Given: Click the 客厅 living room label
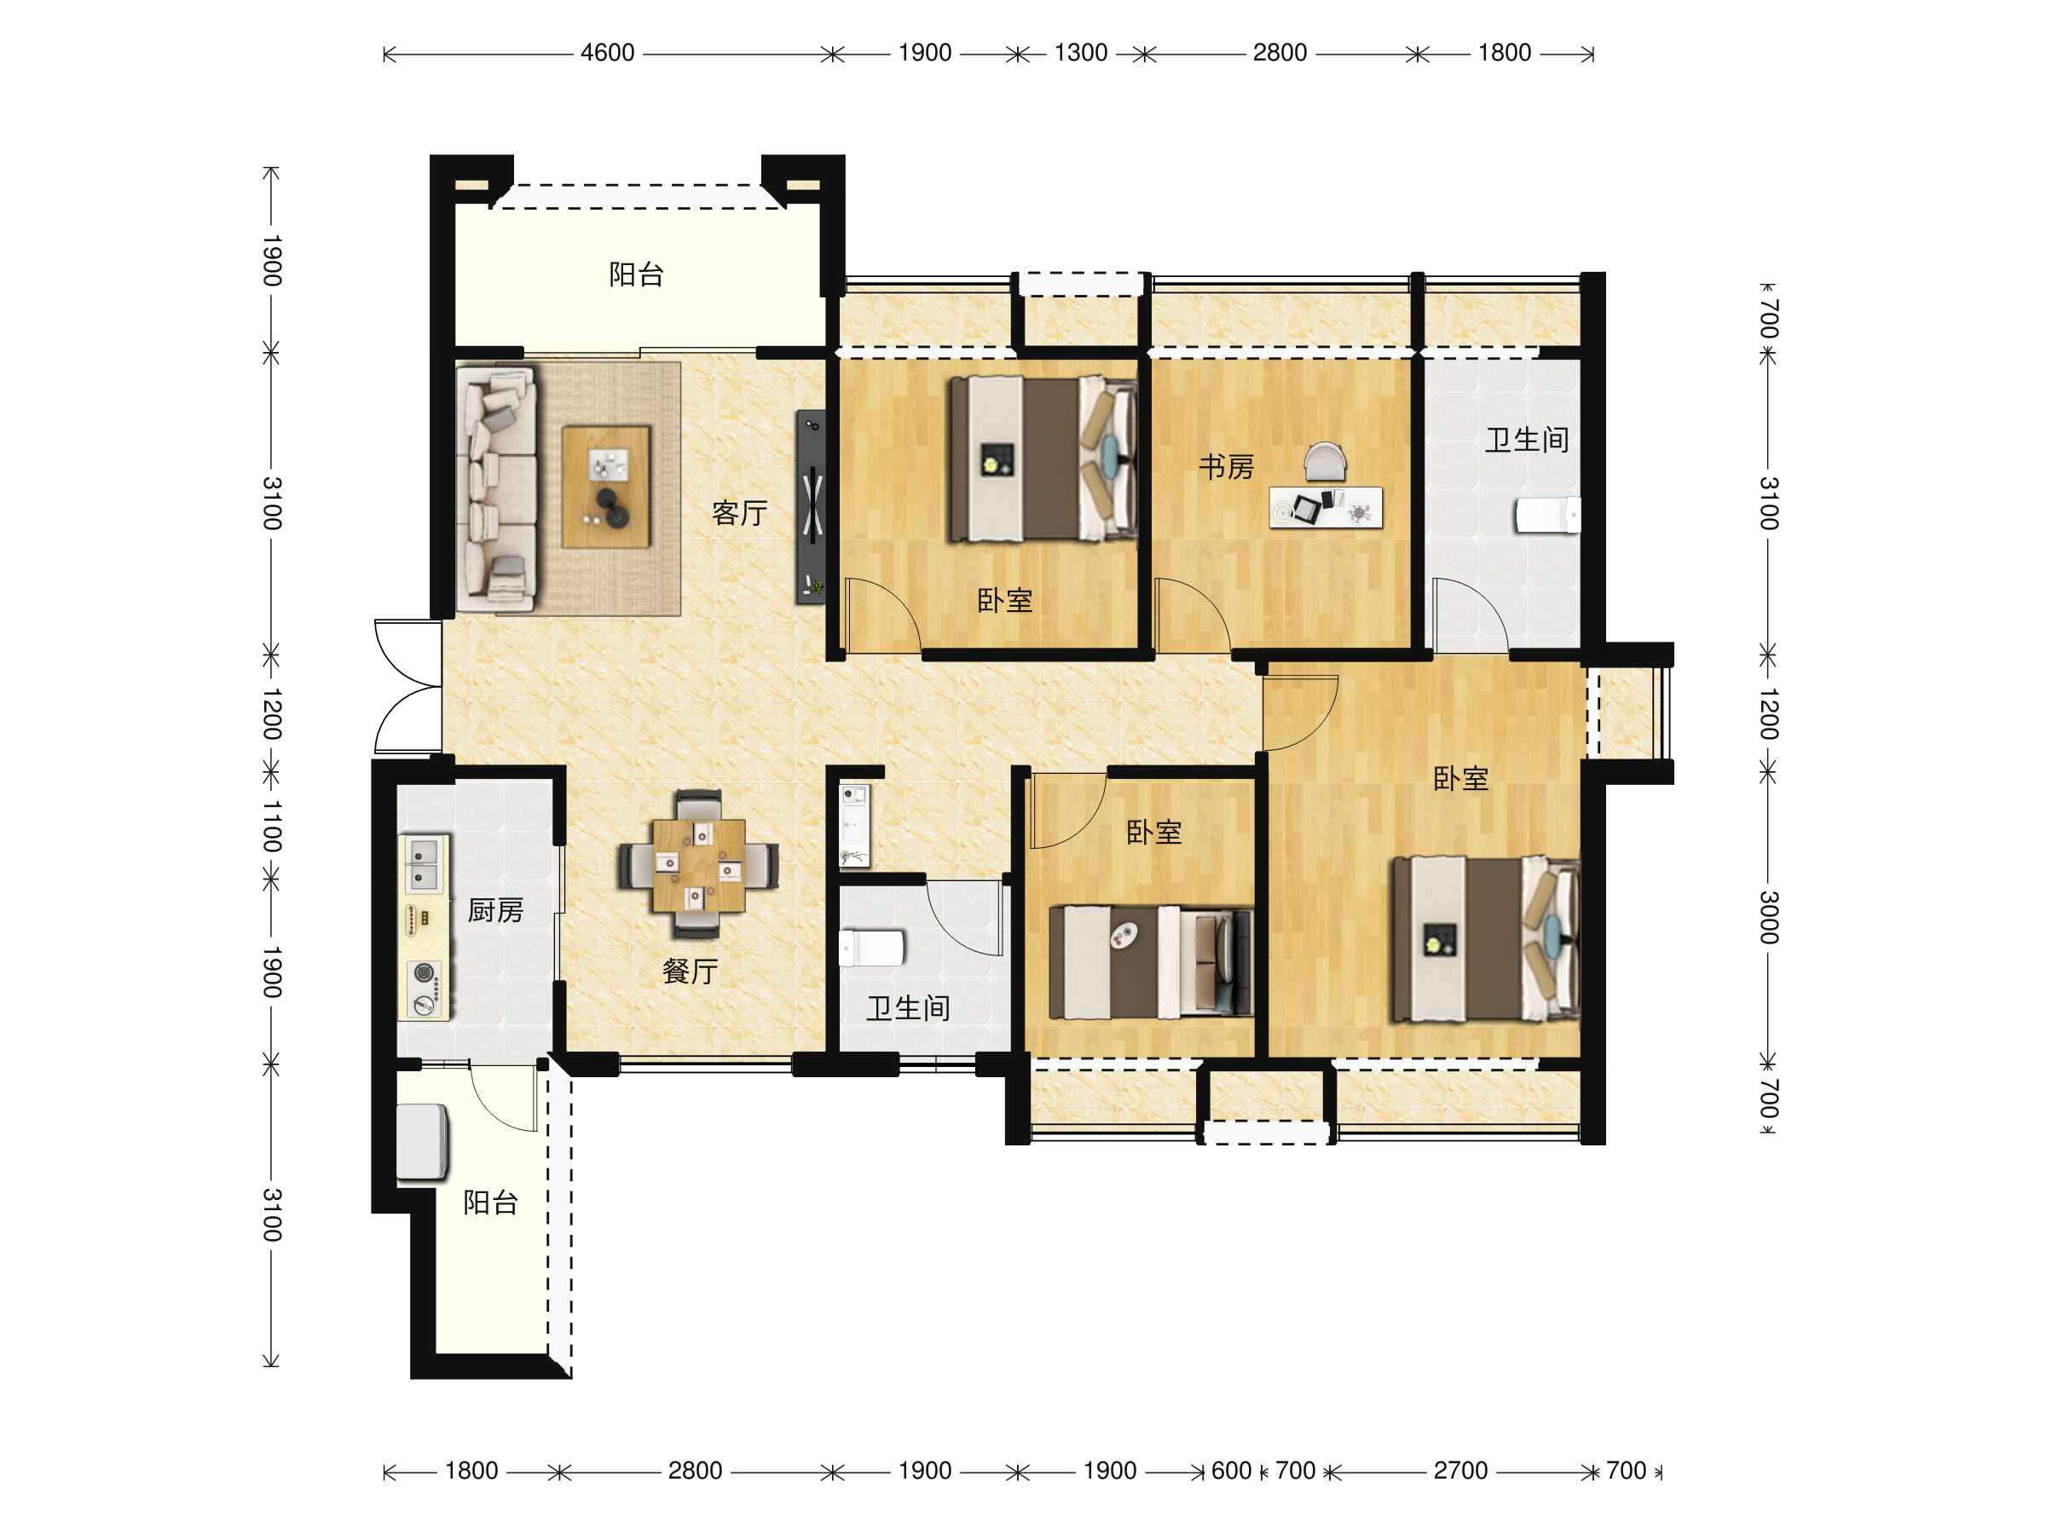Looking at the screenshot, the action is [739, 512].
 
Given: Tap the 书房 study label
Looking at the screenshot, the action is [1227, 466].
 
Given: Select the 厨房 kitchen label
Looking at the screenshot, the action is [496, 910].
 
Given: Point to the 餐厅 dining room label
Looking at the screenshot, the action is [690, 971].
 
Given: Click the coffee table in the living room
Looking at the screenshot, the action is [606, 487].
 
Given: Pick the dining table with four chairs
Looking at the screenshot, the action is [698, 863].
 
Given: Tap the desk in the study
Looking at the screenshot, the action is [1326, 508].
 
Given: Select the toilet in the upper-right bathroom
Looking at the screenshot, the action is [1546, 515].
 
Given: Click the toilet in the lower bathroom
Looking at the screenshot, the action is [871, 948].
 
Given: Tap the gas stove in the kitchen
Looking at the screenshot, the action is [425, 989].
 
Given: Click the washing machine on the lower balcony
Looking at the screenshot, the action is [422, 1142].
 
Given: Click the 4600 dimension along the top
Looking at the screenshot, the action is [608, 53].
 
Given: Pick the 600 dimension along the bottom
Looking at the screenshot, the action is [1231, 1470].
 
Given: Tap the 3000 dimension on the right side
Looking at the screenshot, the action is [1767, 917].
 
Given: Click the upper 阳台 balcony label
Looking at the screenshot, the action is [635, 274].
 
